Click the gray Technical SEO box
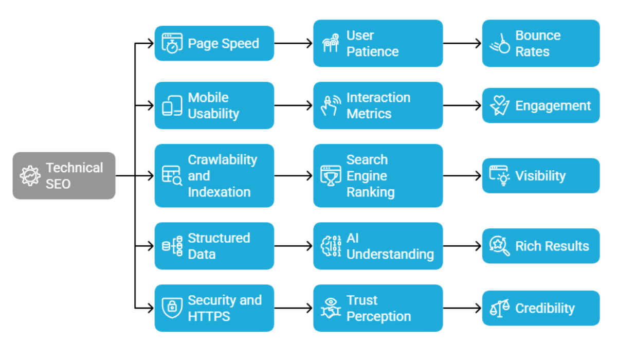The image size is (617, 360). point(64,175)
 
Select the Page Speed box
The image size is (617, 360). point(214,43)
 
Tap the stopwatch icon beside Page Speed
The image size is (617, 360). point(172,43)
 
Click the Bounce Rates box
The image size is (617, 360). point(540,43)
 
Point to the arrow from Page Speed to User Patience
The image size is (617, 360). point(293,43)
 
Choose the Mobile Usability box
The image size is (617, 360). point(214,105)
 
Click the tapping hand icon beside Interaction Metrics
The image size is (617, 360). point(331,105)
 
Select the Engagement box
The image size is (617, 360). point(540,105)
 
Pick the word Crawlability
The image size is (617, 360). point(222,159)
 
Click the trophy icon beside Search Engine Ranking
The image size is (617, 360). point(331,175)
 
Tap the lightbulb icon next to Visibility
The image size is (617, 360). point(499,175)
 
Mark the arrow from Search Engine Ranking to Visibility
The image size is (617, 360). point(462,175)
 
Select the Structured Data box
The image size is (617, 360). point(214,246)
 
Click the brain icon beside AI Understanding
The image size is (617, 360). point(331,246)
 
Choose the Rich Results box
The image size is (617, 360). point(540,246)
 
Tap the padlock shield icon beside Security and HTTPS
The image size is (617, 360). point(172,308)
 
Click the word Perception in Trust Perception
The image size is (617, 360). point(378,316)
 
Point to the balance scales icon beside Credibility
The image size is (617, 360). point(499,308)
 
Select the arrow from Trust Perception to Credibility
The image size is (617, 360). point(462,308)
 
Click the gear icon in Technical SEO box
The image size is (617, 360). point(30,175)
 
